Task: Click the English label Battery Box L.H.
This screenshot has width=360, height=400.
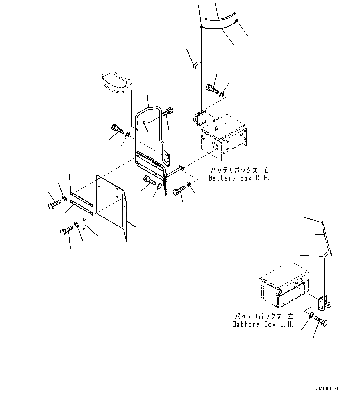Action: coord(262,325)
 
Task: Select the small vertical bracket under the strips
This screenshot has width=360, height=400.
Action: coord(84,224)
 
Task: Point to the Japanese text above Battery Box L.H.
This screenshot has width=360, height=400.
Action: coord(264,317)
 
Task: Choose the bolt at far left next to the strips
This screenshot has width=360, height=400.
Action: coord(53,204)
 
